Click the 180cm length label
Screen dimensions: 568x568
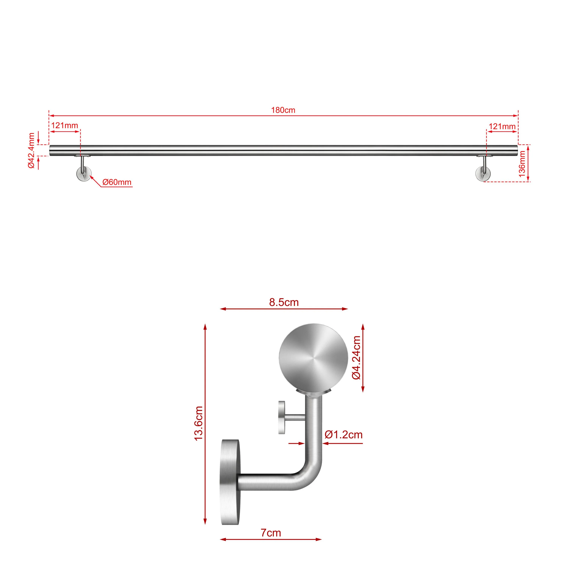pyautogui.click(x=283, y=110)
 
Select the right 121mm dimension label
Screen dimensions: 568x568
pyautogui.click(x=502, y=126)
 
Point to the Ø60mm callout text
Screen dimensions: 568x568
pyautogui.click(x=117, y=182)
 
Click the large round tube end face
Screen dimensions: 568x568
pyautogui.click(x=313, y=358)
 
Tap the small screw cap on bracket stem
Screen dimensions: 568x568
pyautogui.click(x=282, y=418)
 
